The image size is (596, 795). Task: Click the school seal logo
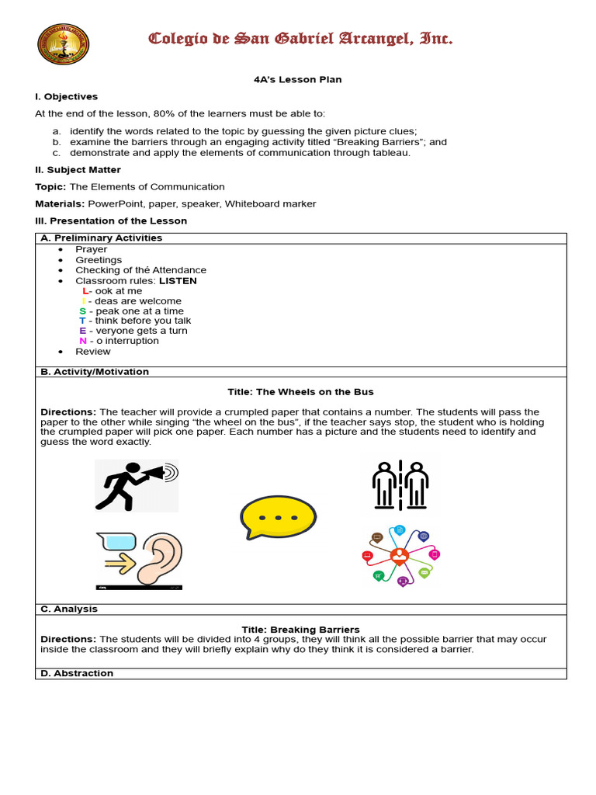click(63, 44)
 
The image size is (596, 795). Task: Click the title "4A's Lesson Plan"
click(297, 79)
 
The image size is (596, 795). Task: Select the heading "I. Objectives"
click(66, 96)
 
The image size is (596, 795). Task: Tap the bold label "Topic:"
click(51, 186)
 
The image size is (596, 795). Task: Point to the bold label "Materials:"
click(61, 203)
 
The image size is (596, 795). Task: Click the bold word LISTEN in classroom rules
click(178, 280)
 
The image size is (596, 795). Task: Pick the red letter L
click(85, 290)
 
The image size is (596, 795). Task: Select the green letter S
click(82, 311)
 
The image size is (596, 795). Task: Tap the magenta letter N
click(82, 340)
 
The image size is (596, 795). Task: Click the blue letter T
click(82, 321)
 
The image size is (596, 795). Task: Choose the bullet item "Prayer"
click(91, 249)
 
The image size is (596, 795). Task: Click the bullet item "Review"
click(92, 351)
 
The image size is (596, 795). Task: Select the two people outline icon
click(400, 485)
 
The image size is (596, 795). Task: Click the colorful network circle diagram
click(400, 556)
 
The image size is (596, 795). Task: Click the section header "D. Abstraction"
click(77, 673)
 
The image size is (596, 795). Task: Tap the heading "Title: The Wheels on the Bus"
click(300, 391)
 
